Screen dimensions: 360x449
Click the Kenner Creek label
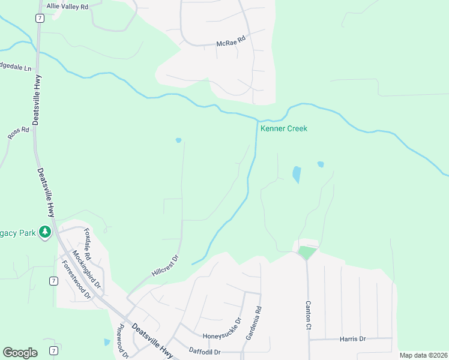tap(283, 128)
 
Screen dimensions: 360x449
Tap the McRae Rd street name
tap(231, 43)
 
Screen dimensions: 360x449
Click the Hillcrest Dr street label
tap(166, 265)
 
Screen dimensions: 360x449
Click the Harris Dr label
tap(352, 339)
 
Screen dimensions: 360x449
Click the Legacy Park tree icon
tap(44, 232)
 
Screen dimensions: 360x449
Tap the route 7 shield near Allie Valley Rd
tap(39, 19)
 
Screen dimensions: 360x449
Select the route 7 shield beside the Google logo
tap(53, 350)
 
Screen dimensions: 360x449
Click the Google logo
tap(20, 353)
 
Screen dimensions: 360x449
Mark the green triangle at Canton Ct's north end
tap(306, 253)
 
